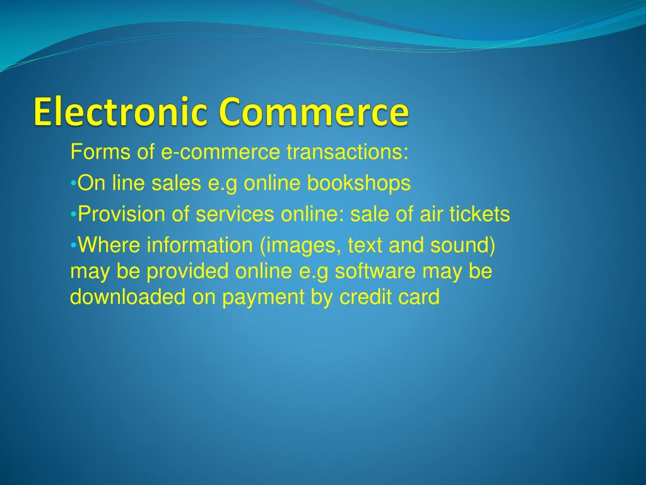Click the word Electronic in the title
[120, 112]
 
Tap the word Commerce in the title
[314, 112]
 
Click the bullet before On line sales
[73, 184]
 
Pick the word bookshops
[359, 184]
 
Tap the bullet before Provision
[73, 215]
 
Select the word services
[235, 215]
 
